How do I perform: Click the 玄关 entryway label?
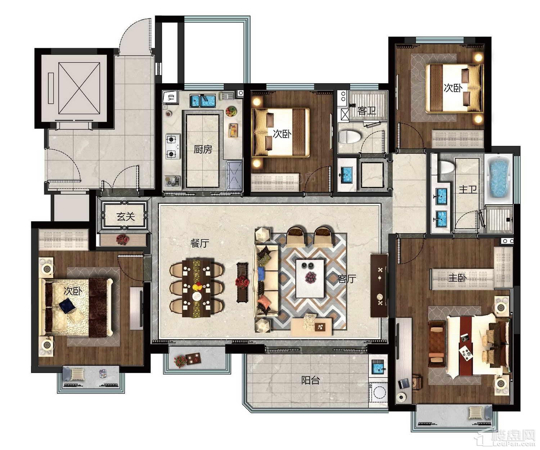click(126, 216)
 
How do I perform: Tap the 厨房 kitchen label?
click(203, 149)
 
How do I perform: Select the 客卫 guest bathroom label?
click(366, 111)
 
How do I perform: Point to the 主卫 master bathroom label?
click(468, 189)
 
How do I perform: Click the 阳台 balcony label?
click(310, 380)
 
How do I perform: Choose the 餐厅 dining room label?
click(200, 243)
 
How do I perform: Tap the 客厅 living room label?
click(347, 279)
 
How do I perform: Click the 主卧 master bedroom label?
click(457, 278)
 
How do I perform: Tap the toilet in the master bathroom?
click(447, 167)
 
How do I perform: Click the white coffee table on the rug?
click(310, 279)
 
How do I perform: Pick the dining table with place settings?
click(197, 288)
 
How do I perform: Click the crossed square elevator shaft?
click(79, 88)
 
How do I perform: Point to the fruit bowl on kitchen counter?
click(231, 112)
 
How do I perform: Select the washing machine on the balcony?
click(378, 393)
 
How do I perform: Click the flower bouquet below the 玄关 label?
click(122, 239)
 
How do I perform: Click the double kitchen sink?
click(203, 101)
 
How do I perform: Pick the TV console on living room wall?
click(379, 285)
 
